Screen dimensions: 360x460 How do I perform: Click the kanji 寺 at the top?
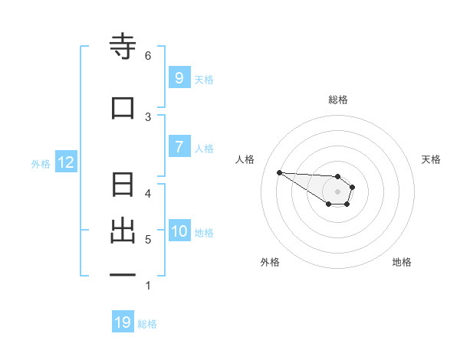tap(123, 48)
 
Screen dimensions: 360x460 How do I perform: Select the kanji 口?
tap(123, 108)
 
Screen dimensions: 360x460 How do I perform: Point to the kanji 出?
tap(123, 231)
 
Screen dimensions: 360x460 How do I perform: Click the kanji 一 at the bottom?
tap(123, 273)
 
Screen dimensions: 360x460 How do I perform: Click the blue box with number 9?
tap(179, 78)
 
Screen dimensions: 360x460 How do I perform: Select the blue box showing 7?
tap(179, 147)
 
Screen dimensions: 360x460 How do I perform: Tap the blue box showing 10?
tap(179, 231)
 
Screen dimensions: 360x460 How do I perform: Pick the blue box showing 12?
tap(65, 162)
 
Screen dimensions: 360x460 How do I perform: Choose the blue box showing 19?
tap(123, 322)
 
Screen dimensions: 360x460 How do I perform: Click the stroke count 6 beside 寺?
tap(148, 56)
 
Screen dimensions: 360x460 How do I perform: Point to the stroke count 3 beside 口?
tap(148, 116)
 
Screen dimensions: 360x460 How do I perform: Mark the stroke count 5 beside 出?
tap(148, 240)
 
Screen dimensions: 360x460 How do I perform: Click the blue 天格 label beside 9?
tap(204, 79)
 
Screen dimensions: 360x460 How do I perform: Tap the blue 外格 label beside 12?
tap(40, 163)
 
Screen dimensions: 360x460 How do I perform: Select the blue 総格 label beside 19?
tap(147, 323)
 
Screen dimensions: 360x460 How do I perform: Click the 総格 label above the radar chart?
tap(337, 100)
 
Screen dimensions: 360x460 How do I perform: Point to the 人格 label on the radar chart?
tap(245, 159)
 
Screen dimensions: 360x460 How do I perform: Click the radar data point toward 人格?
tap(279, 172)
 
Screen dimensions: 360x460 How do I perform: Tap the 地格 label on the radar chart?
tap(402, 262)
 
